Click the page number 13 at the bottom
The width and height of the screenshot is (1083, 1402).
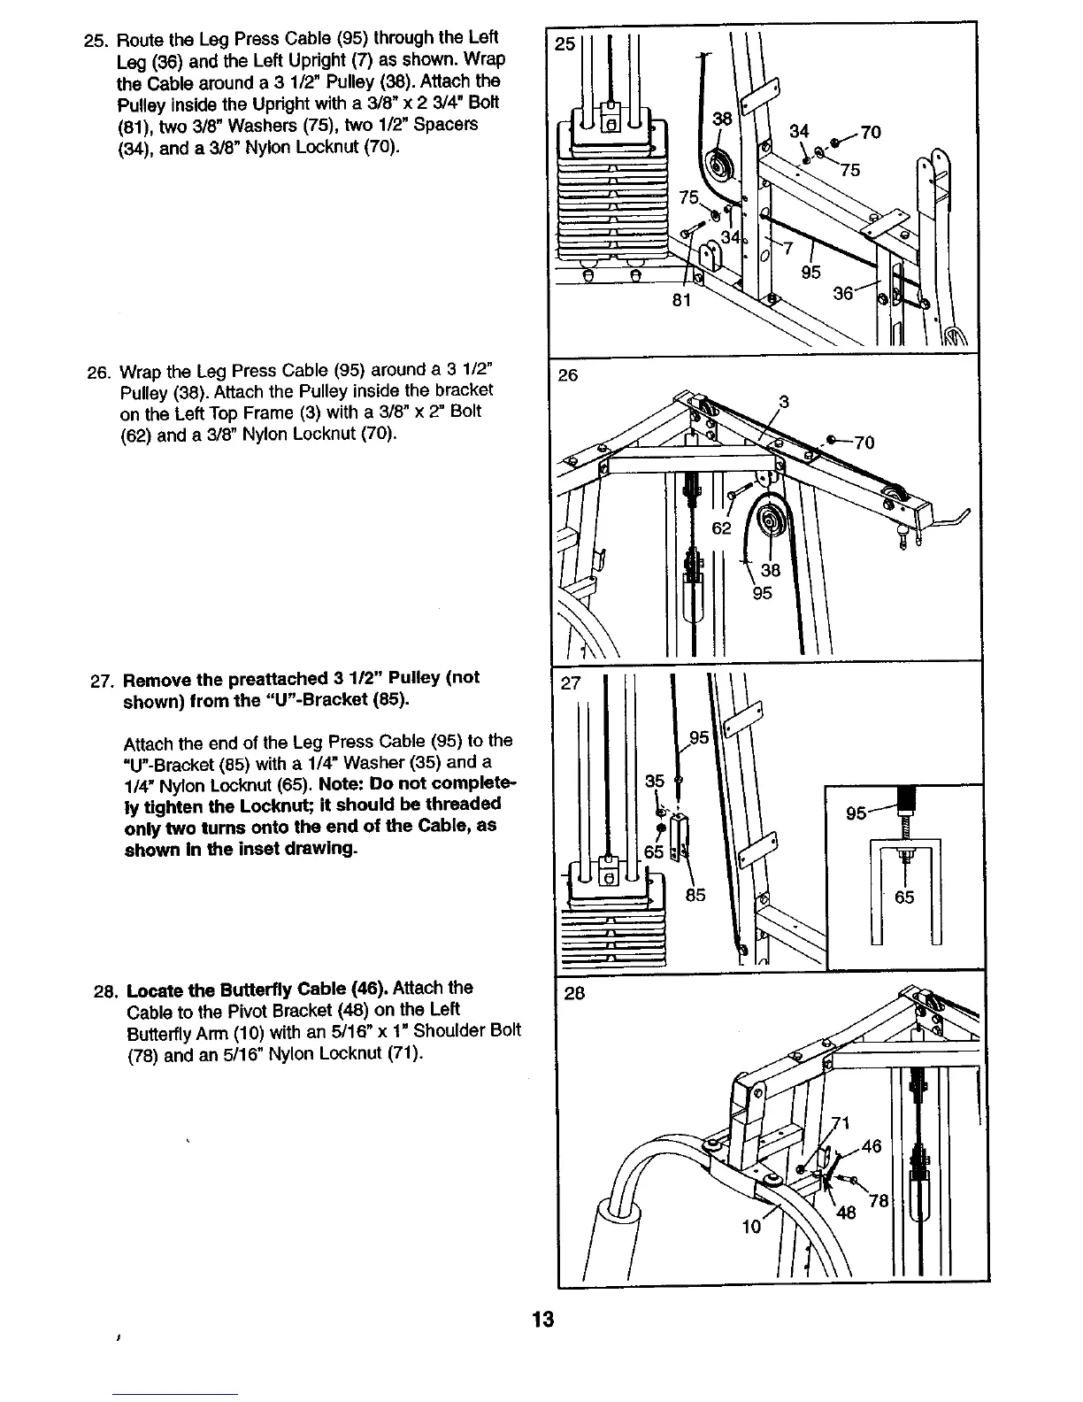542,1320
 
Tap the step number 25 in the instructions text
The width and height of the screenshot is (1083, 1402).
92,39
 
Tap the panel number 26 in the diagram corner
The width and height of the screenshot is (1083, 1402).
567,375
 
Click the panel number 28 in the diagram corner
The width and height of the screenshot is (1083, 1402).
575,992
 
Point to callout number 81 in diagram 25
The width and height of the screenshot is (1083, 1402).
681,300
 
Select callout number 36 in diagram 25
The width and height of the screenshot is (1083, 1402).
844,293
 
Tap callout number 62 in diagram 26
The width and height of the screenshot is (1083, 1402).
722,528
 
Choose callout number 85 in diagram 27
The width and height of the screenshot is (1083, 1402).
695,895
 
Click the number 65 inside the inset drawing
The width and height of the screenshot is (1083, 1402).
904,897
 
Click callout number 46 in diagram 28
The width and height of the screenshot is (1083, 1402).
872,1146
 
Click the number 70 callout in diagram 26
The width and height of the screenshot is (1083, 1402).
864,443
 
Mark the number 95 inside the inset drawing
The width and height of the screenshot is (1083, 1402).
856,813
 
